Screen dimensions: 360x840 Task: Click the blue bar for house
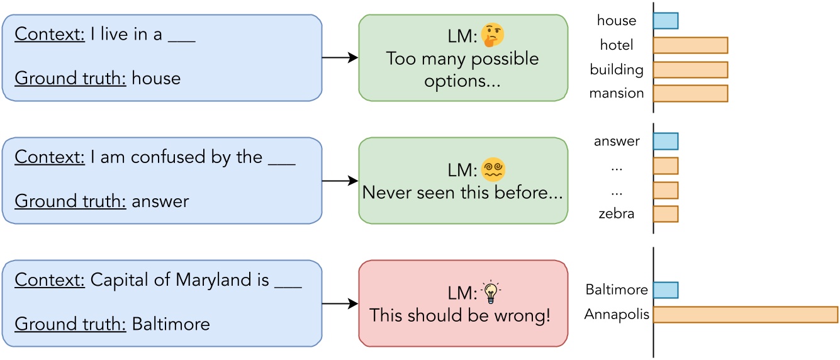pyautogui.click(x=666, y=21)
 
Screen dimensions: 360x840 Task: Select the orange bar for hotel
pyautogui.click(x=690, y=45)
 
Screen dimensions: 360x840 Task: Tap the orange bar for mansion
pyautogui.click(x=690, y=93)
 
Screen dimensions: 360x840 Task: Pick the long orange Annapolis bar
pyautogui.click(x=746, y=314)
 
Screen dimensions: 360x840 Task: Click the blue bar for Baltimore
pyautogui.click(x=666, y=290)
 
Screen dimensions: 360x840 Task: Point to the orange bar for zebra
pyautogui.click(x=666, y=214)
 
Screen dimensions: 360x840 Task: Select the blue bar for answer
pyautogui.click(x=666, y=142)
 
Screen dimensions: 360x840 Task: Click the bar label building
pyautogui.click(x=617, y=69)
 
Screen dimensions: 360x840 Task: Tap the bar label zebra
pyautogui.click(x=617, y=213)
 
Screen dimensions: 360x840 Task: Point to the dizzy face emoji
pyautogui.click(x=494, y=169)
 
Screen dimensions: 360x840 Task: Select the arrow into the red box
pyautogui.click(x=340, y=303)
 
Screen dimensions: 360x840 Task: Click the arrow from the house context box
pyautogui.click(x=340, y=58)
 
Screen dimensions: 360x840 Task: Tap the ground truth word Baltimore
pyautogui.click(x=171, y=324)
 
